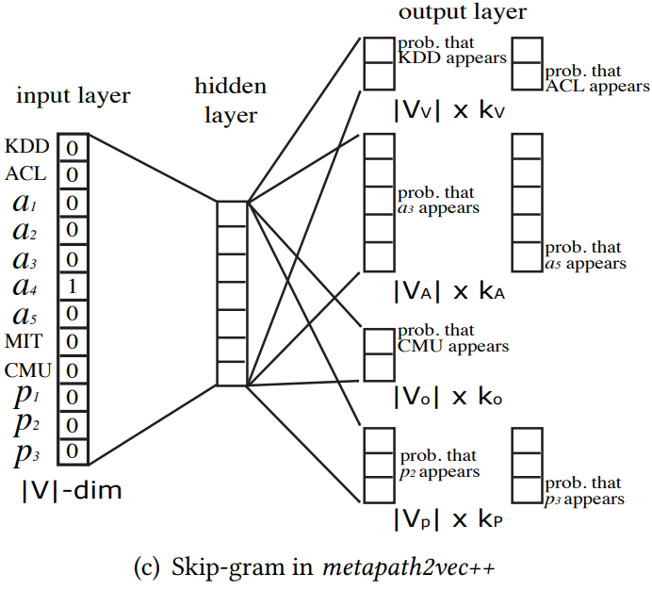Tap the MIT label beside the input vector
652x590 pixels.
[25, 341]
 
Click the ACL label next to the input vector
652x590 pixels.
[24, 174]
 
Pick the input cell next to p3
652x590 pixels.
[73, 451]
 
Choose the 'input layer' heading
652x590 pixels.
[73, 96]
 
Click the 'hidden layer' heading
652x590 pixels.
[231, 100]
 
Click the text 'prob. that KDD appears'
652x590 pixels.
[451, 50]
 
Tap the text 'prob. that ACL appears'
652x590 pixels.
[596, 79]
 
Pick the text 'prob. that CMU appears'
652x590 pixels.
[452, 338]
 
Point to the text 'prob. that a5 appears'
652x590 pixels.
[585, 256]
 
